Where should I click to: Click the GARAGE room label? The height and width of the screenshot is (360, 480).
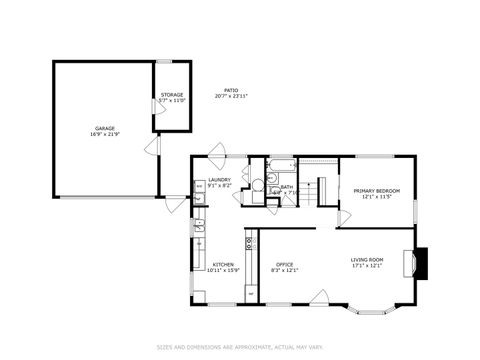click(104, 128)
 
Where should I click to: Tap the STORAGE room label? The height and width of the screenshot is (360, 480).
click(172, 95)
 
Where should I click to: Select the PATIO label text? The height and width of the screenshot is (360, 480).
click(232, 90)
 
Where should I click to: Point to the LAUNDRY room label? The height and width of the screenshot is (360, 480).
click(220, 180)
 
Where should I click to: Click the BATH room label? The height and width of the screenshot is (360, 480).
click(287, 186)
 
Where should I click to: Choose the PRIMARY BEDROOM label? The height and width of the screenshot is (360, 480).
click(376, 190)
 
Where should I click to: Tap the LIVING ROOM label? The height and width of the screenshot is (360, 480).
click(367, 260)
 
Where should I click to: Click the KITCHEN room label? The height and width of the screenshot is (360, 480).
click(223, 264)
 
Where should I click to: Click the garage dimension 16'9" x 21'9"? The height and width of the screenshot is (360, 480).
click(104, 134)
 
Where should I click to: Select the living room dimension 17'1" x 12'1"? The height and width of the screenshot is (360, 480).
click(367, 267)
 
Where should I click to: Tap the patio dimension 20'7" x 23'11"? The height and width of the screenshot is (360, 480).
click(232, 97)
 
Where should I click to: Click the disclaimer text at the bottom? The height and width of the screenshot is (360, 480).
click(240, 347)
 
